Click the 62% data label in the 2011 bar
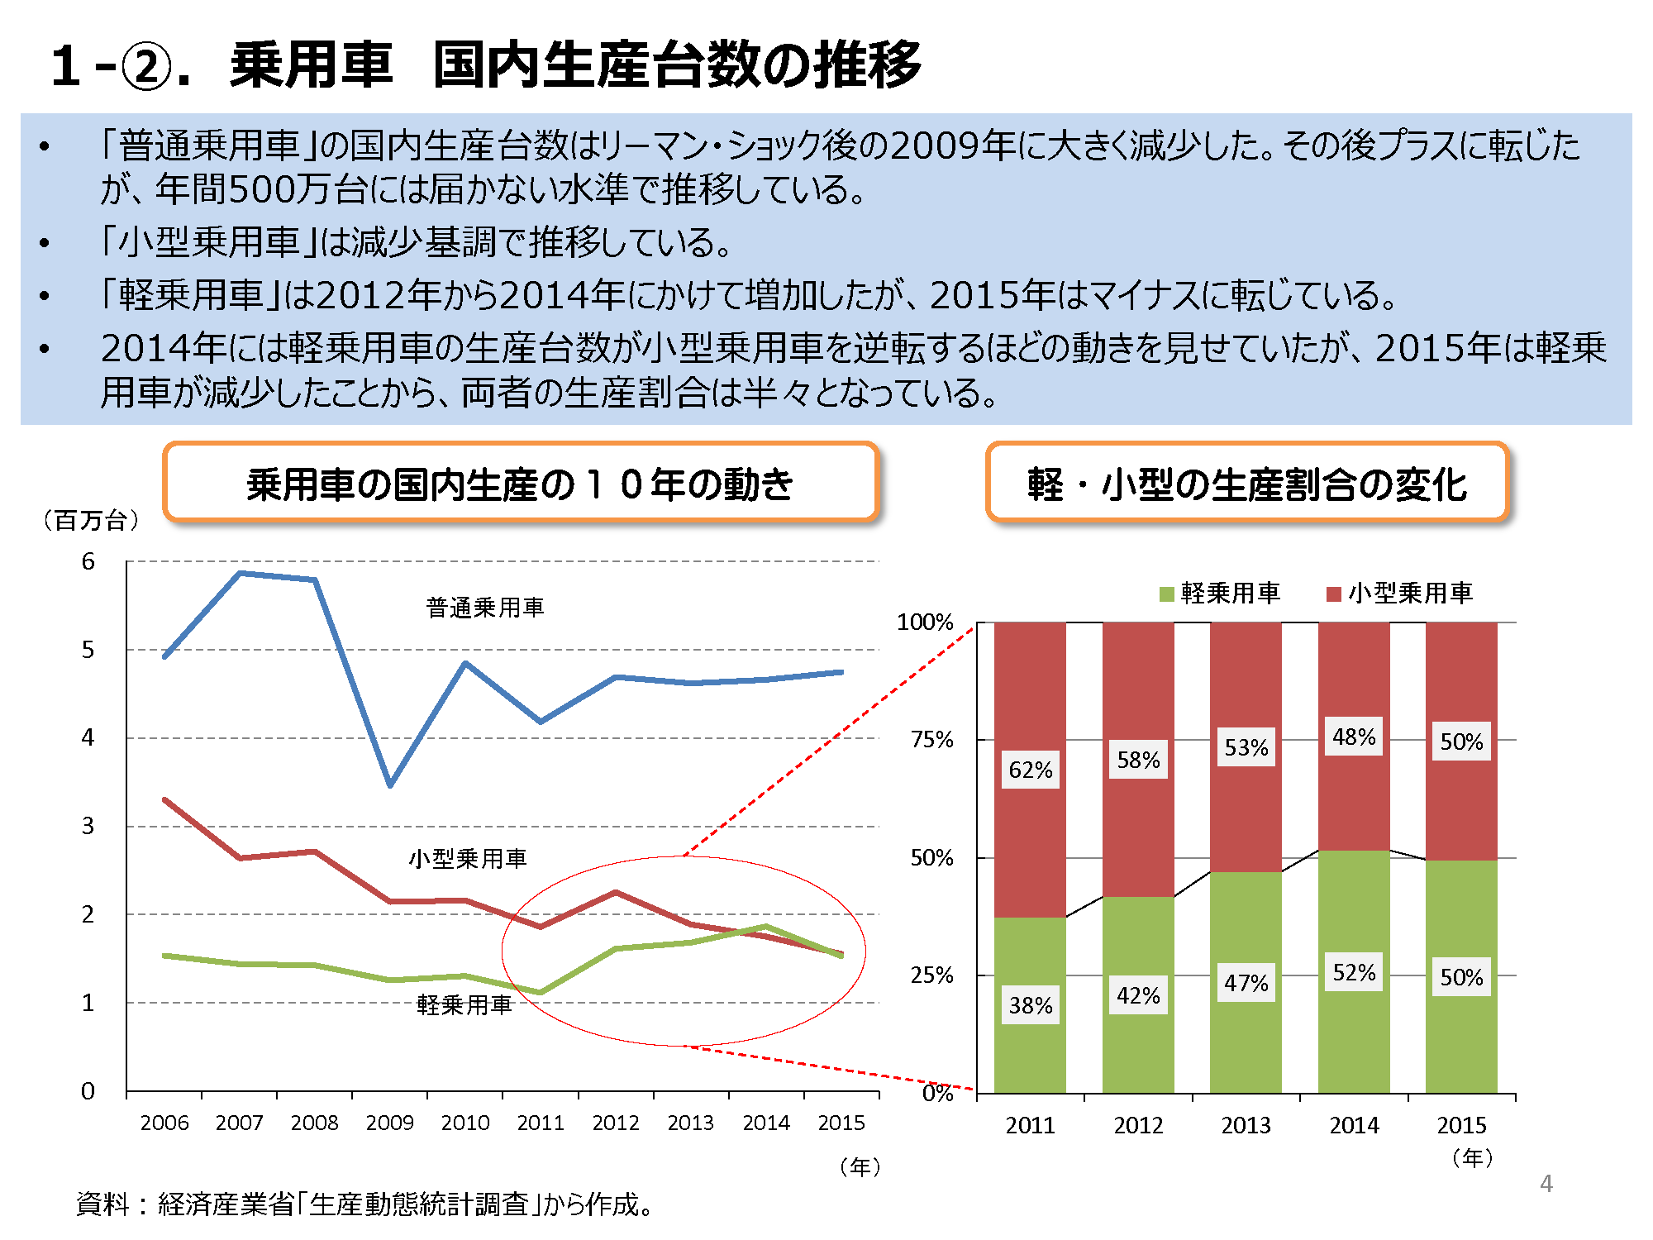click(x=1031, y=770)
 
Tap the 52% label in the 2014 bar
click(x=1354, y=972)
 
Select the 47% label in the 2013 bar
click(x=1246, y=983)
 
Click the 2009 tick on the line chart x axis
click(x=389, y=1123)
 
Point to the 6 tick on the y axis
click(x=88, y=561)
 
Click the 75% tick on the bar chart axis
click(x=931, y=739)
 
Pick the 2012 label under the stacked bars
click(x=1138, y=1125)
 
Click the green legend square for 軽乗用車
click(x=1167, y=594)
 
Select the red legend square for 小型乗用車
click(x=1333, y=594)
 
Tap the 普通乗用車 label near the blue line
click(x=485, y=608)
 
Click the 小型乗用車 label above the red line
click(x=468, y=858)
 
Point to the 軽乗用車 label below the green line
click(x=464, y=1004)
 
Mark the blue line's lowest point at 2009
click(x=390, y=785)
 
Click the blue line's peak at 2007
click(x=240, y=573)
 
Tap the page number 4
click(x=1546, y=1184)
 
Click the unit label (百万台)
click(x=91, y=520)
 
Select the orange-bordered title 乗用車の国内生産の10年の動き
click(x=521, y=484)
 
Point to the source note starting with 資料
click(x=364, y=1204)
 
